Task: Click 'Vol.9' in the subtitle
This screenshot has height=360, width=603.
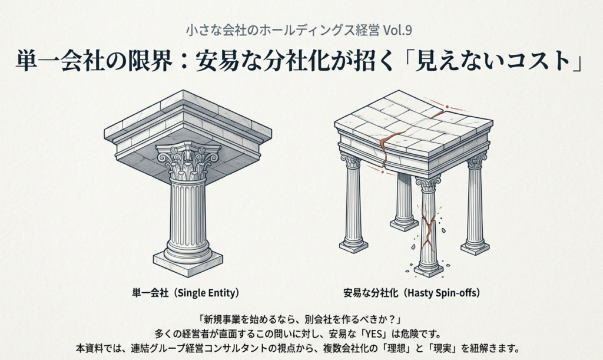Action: [397, 31]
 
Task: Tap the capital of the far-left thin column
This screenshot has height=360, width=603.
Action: [351, 161]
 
